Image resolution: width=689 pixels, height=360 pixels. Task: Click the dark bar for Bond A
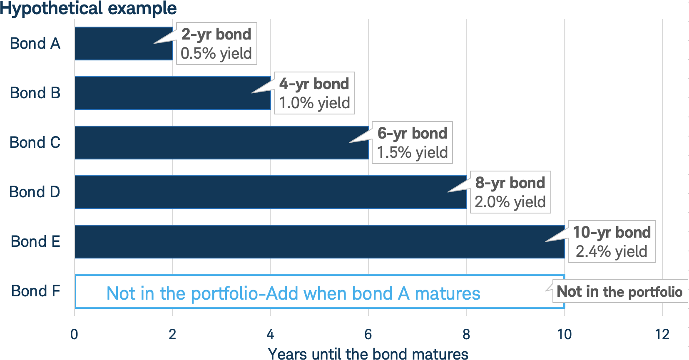click(x=123, y=43)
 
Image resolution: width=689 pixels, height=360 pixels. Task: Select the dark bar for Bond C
click(x=221, y=142)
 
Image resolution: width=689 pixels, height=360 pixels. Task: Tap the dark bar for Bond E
click(x=320, y=242)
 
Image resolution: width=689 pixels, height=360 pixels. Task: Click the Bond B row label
click(x=35, y=93)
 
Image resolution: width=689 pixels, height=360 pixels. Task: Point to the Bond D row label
click(x=35, y=192)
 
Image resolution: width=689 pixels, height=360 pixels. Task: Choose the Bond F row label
click(x=35, y=291)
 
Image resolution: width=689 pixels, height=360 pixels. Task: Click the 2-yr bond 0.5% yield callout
click(x=216, y=43)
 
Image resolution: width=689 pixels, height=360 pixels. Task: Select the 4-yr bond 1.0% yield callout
click(x=314, y=93)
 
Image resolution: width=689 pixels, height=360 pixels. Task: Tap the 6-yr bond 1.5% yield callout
click(x=412, y=142)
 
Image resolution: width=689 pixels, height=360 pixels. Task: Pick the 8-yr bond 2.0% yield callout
click(x=510, y=192)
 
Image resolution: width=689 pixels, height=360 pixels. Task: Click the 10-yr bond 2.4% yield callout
click(x=612, y=242)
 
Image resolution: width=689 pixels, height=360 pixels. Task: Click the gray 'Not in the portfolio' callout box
click(x=620, y=291)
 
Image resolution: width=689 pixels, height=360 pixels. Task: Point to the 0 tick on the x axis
click(x=74, y=334)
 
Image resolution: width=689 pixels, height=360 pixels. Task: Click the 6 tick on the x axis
click(x=368, y=334)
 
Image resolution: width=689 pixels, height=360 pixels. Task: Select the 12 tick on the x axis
click(x=662, y=334)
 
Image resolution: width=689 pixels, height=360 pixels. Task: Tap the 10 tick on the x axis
click(x=565, y=334)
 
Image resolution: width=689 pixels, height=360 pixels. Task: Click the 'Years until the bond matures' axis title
click(x=368, y=353)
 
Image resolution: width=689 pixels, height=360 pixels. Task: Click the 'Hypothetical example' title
click(x=88, y=8)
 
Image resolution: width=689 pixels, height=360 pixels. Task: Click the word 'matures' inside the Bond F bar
click(x=448, y=293)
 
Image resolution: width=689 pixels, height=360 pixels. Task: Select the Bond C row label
click(x=35, y=142)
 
